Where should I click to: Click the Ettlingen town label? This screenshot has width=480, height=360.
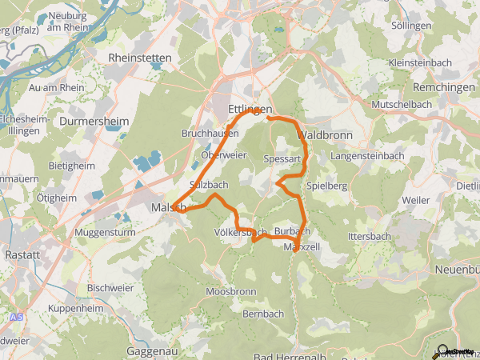click(x=250, y=109)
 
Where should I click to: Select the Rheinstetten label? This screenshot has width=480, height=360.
click(x=136, y=58)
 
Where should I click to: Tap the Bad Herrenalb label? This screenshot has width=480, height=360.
click(x=287, y=355)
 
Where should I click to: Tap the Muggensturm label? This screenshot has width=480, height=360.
click(x=102, y=232)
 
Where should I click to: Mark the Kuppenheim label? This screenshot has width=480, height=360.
click(x=74, y=308)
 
